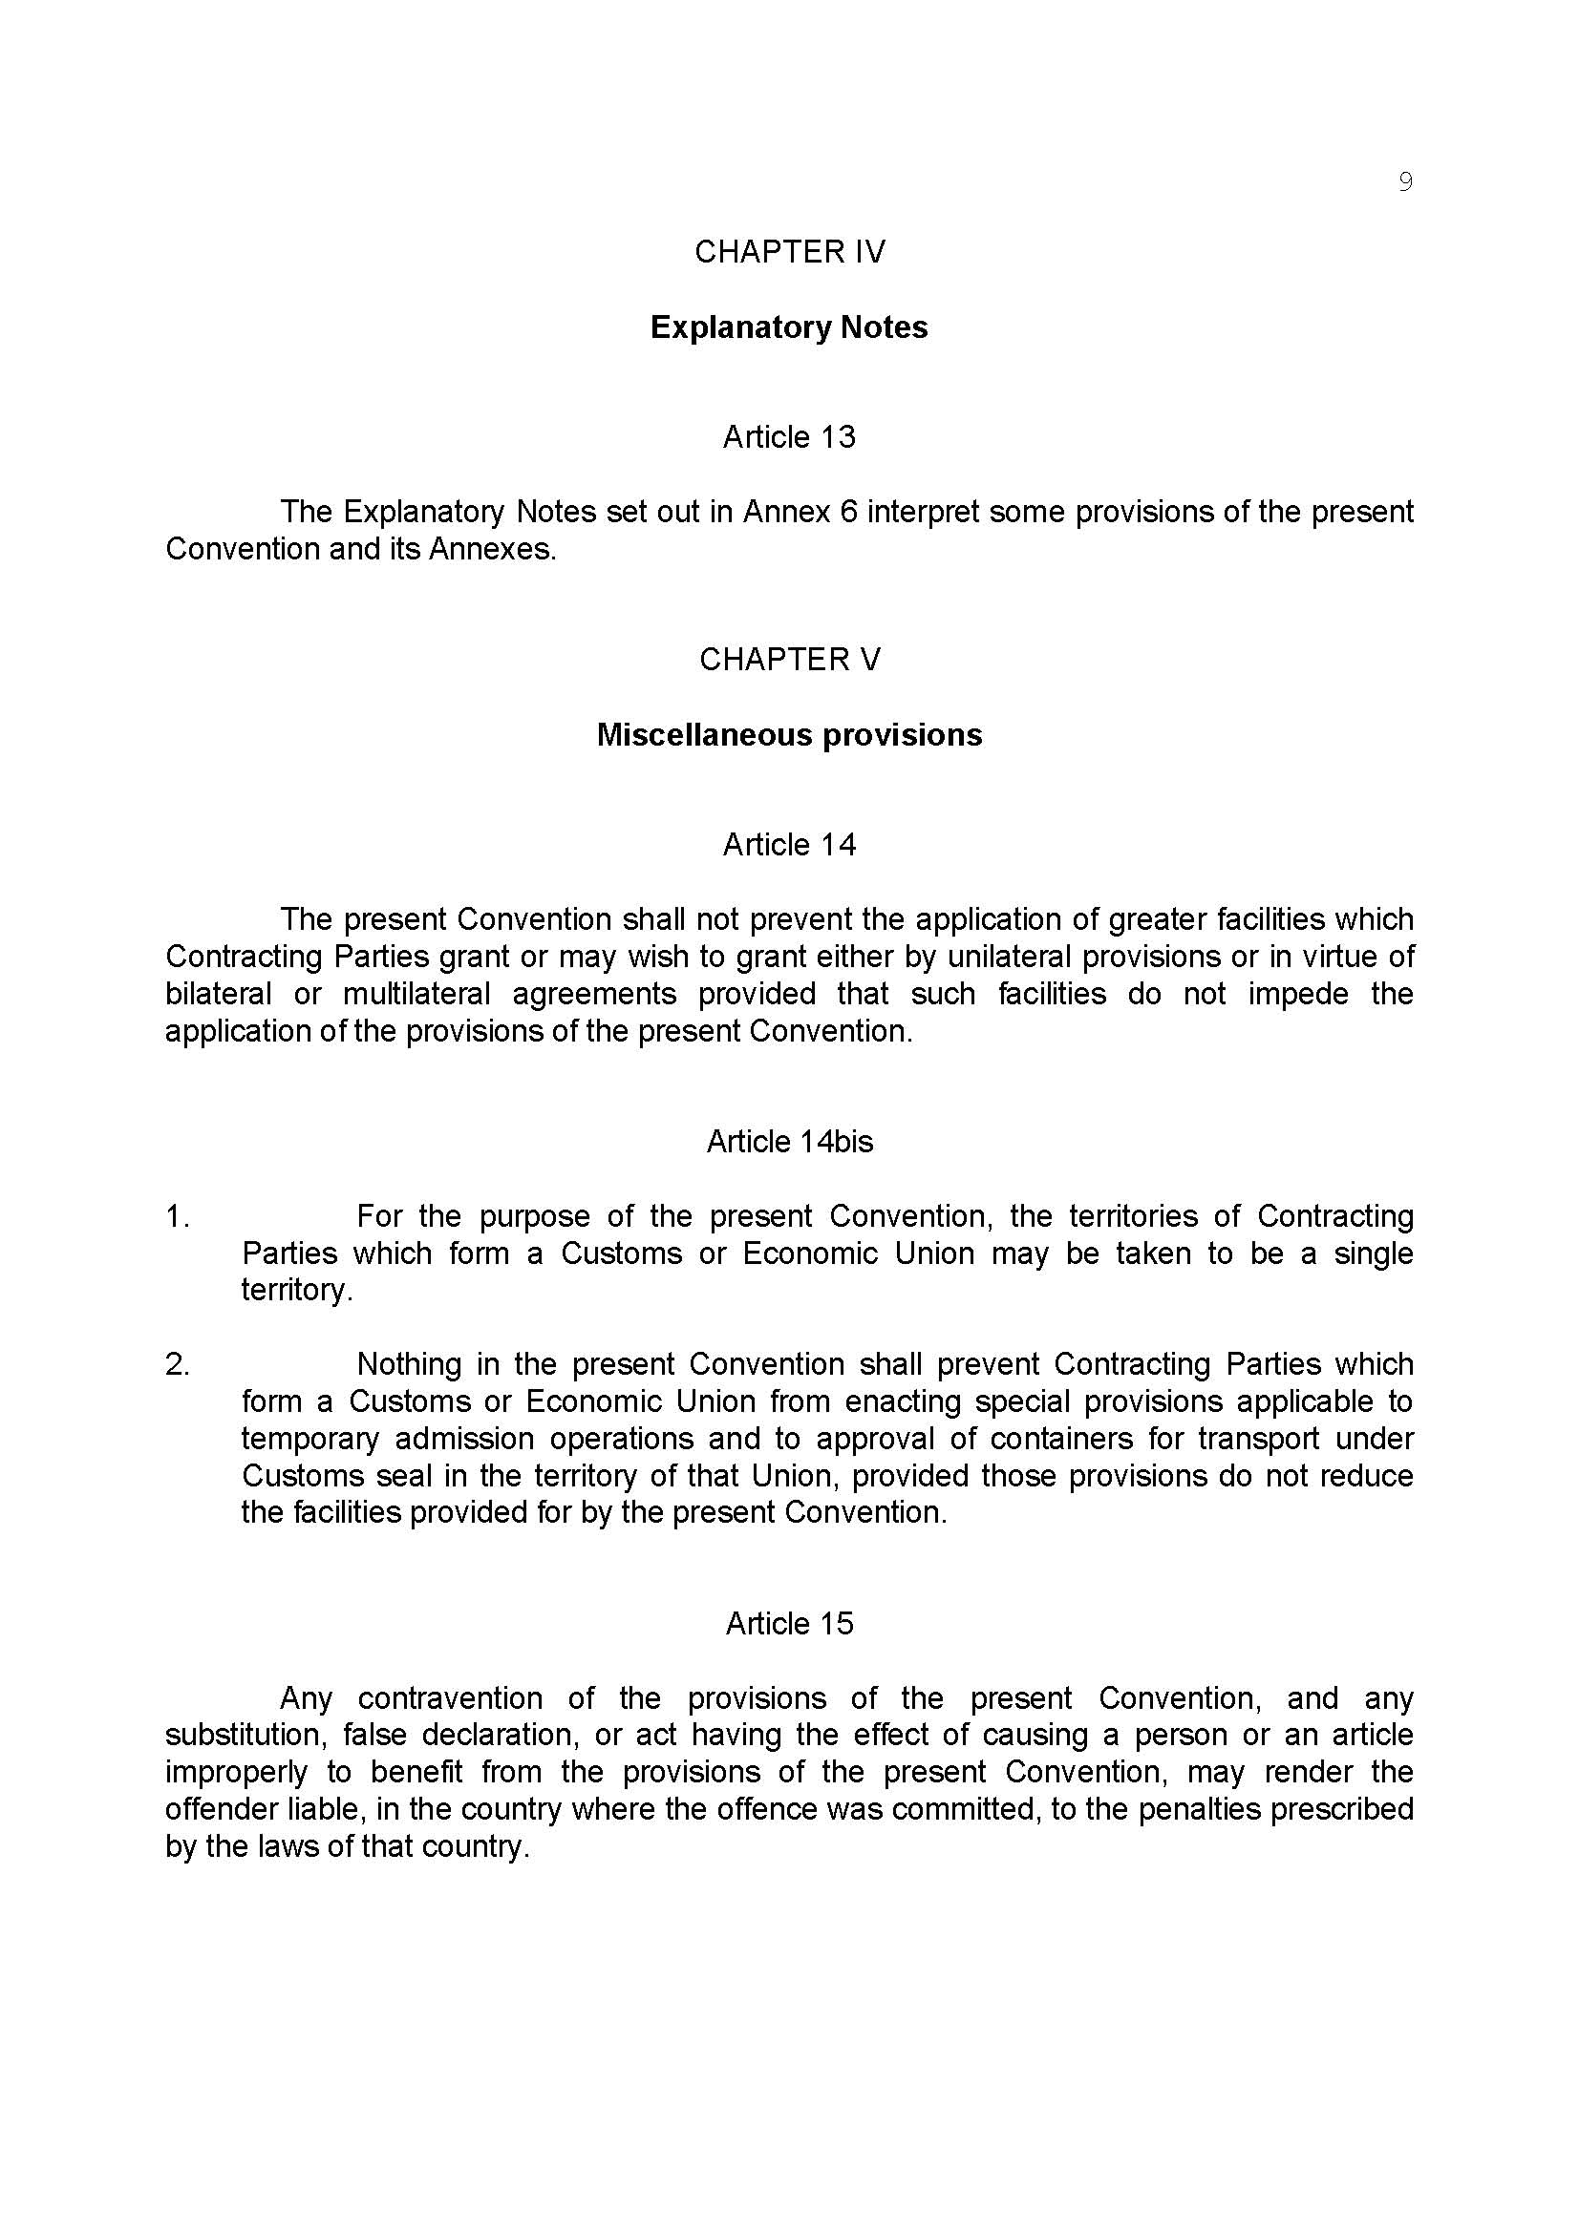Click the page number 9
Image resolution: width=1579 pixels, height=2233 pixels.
(1404, 182)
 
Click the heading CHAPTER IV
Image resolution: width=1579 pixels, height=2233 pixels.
(789, 252)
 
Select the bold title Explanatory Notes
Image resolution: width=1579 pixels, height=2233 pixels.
(789, 327)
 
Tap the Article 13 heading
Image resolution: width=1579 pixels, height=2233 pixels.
(789, 437)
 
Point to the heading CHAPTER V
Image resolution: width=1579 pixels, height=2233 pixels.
(789, 660)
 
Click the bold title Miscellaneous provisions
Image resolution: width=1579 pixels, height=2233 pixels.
(789, 735)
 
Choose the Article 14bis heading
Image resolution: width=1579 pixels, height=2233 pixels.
(789, 1142)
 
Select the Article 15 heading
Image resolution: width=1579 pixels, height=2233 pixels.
(789, 1623)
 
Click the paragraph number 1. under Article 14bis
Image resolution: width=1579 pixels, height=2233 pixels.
(177, 1216)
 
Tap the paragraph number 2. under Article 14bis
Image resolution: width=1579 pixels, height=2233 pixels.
(177, 1364)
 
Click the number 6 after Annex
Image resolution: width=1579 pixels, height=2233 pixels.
(848, 512)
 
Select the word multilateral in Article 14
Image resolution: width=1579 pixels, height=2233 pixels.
(414, 994)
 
